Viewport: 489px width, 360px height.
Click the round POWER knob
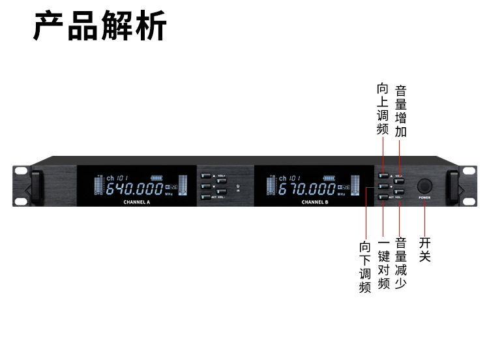coord(424,185)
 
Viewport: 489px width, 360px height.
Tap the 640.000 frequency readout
coord(134,189)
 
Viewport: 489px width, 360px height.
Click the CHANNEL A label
coord(136,202)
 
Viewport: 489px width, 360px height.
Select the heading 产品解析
coord(100,26)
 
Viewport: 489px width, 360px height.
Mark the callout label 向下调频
coord(365,267)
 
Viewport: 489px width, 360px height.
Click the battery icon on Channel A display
coord(157,177)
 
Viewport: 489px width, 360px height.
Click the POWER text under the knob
coord(424,197)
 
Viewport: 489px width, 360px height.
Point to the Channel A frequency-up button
coord(205,175)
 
